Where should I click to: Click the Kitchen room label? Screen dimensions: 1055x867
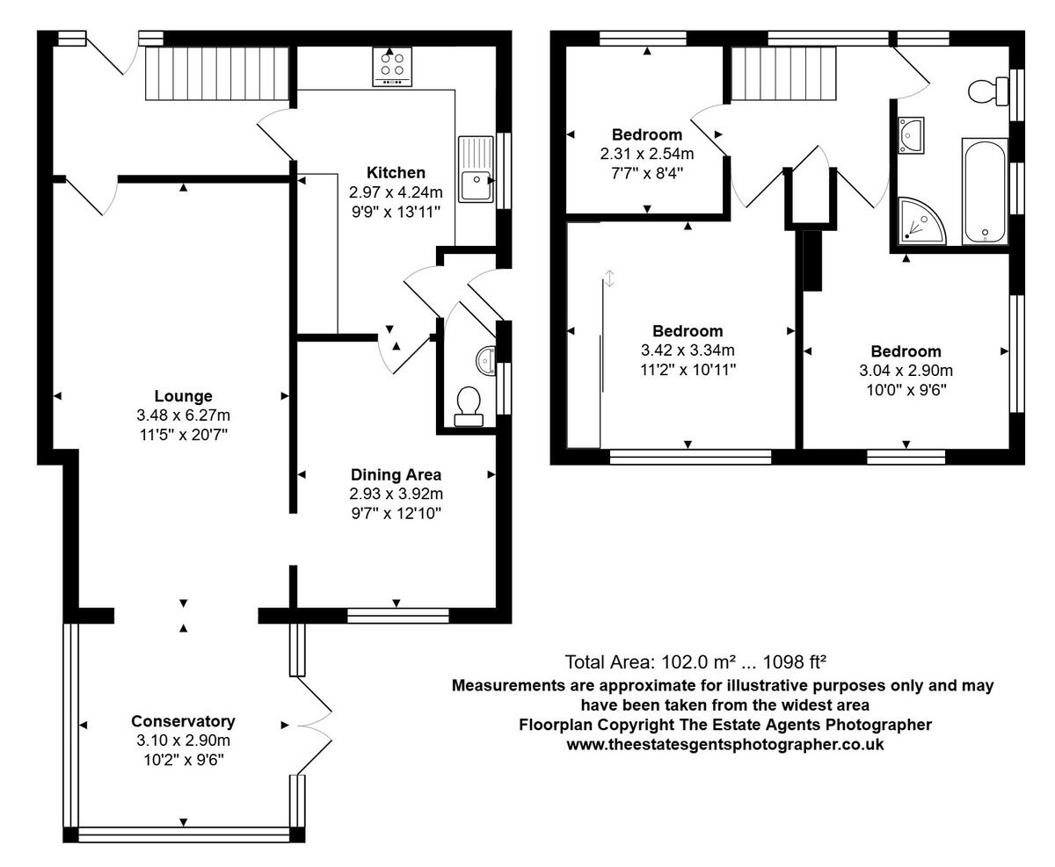point(396,173)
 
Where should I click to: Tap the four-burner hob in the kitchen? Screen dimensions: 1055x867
point(392,67)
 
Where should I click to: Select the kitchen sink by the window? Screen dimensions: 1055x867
point(476,169)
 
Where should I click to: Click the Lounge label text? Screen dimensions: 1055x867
point(183,396)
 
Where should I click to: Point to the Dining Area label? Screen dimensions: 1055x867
point(396,474)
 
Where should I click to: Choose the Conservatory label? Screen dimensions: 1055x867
point(183,721)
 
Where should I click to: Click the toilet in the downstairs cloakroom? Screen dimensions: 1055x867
point(469,407)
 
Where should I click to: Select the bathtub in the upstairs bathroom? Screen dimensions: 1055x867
point(985,191)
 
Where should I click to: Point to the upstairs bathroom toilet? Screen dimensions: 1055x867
point(988,91)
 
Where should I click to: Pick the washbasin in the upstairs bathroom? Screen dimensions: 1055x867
point(911,135)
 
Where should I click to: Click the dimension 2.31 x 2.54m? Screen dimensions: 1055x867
point(647,154)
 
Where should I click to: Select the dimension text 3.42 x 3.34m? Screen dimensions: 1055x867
point(688,350)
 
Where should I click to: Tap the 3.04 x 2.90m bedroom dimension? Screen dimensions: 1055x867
point(906,371)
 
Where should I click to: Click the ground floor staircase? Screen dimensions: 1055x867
point(217,74)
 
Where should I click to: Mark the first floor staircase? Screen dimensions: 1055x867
point(783,74)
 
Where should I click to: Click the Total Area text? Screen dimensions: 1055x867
point(695,662)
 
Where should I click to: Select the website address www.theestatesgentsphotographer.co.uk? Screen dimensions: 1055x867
point(725,745)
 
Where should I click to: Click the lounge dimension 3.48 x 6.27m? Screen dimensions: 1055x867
point(183,415)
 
